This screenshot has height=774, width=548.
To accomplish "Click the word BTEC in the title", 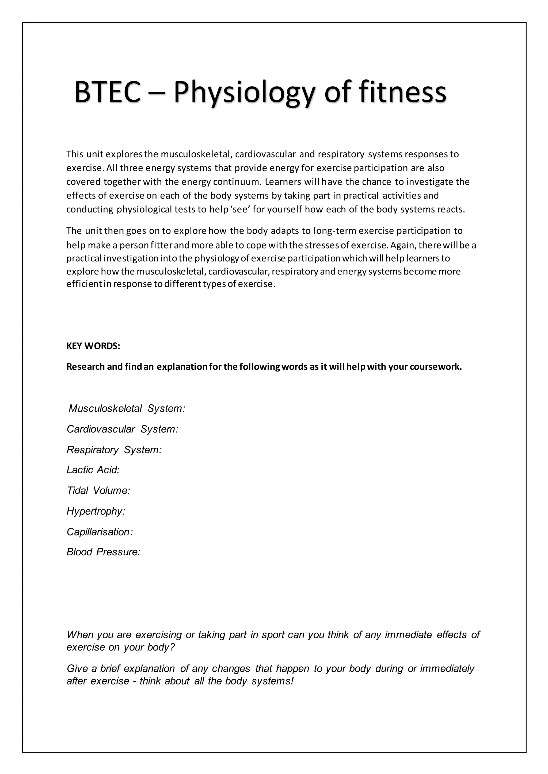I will click(x=107, y=92).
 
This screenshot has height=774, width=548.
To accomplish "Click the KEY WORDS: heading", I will click(x=93, y=346).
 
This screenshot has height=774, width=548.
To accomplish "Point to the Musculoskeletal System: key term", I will click(x=127, y=409).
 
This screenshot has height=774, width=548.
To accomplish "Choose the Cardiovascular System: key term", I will click(x=123, y=429).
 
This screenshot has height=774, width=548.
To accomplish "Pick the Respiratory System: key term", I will click(x=114, y=450).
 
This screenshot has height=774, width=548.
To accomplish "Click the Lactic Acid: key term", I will click(x=93, y=470).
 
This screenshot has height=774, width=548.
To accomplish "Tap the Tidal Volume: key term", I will click(x=98, y=490).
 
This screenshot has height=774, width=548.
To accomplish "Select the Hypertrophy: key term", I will click(x=96, y=511).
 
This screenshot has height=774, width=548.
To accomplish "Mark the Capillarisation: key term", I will click(x=100, y=532).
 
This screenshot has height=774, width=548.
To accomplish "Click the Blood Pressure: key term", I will click(x=103, y=552).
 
